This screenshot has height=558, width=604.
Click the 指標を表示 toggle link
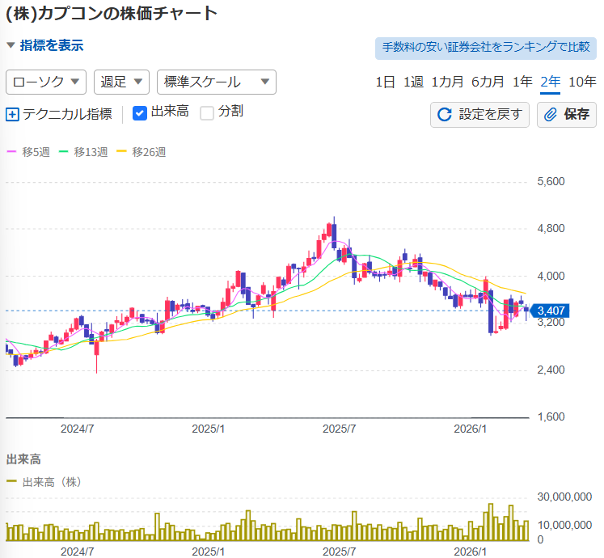(x=50, y=46)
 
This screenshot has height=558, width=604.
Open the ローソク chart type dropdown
(x=46, y=82)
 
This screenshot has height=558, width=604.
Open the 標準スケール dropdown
(x=216, y=82)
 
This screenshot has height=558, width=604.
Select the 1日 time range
(x=386, y=82)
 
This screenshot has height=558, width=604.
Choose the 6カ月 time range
(x=488, y=82)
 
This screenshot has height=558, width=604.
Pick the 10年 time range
(x=582, y=82)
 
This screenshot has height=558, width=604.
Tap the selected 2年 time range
(x=551, y=82)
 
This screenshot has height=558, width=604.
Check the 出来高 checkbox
(x=140, y=113)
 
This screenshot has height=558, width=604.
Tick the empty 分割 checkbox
(x=207, y=113)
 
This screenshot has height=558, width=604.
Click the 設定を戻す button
(x=479, y=114)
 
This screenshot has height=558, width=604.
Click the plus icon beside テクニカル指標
(x=12, y=114)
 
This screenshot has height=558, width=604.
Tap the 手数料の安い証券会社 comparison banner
(x=485, y=48)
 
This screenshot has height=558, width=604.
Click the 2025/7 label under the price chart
(x=340, y=429)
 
